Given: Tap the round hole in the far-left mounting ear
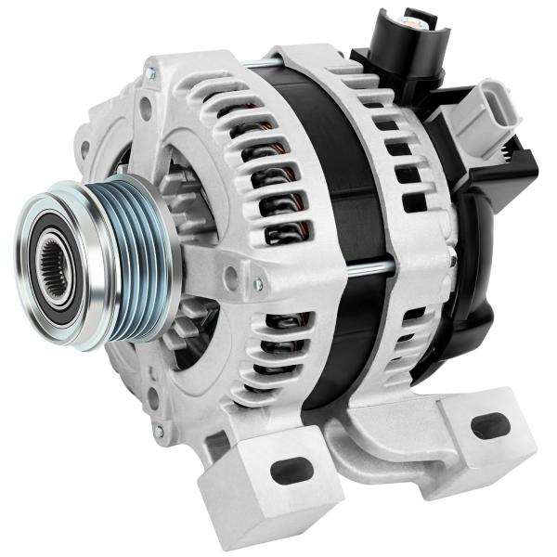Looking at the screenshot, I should tap(84, 147).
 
